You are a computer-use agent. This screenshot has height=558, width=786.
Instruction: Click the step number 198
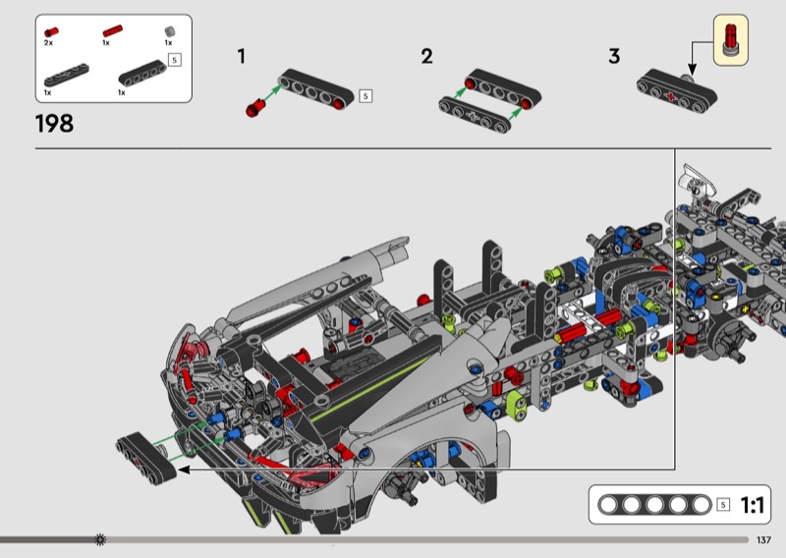54,124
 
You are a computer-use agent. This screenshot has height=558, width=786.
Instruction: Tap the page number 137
763,540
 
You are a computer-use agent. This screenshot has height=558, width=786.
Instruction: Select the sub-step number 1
242,56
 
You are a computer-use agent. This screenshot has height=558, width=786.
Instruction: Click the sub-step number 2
427,56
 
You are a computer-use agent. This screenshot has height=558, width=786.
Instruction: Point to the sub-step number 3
614,56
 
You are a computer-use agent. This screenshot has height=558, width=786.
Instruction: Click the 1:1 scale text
752,505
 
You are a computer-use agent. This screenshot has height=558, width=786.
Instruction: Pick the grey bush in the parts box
170,31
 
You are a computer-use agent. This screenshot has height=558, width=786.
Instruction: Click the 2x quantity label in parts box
48,43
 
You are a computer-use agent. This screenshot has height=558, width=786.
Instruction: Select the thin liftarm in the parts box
67,75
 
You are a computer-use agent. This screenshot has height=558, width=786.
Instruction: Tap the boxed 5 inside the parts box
175,60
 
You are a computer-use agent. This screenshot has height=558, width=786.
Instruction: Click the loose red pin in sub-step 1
255,108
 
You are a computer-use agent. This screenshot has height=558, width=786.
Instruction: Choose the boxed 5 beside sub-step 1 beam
365,95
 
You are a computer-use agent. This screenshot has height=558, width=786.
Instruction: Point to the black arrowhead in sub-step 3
692,70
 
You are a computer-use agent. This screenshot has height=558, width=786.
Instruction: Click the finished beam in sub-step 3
677,90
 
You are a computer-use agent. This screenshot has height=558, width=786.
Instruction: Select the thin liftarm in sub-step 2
475,115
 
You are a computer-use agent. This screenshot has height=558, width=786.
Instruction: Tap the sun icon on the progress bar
100,539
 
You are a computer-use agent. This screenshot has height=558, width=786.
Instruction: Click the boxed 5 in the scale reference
723,504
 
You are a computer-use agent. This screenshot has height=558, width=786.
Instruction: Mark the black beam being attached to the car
146,459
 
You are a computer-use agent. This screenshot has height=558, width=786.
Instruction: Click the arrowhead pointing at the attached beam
184,470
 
